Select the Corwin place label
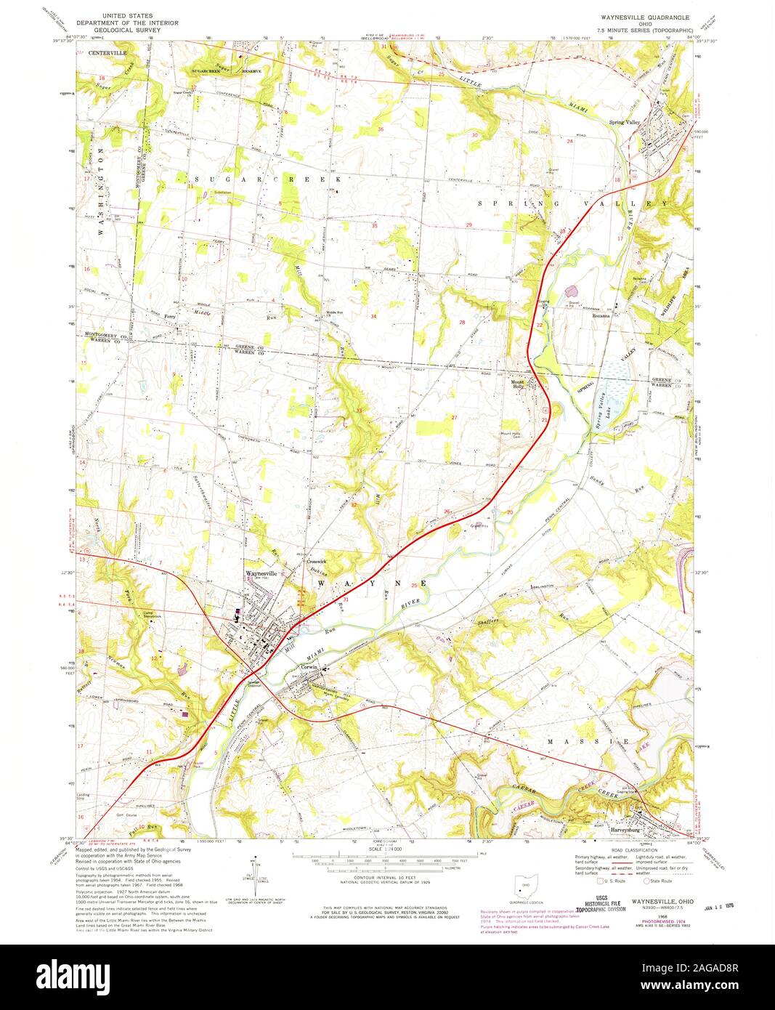click(x=311, y=666)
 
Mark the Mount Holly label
click(x=517, y=384)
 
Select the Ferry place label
click(x=170, y=317)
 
